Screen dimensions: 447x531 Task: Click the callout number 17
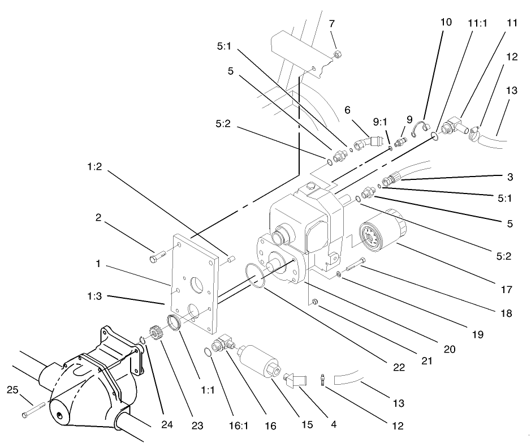tap(507, 290)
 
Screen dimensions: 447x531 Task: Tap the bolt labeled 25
tap(33, 411)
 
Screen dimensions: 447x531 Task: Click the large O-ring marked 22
tap(256, 276)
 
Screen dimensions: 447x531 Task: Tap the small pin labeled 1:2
tap(230, 259)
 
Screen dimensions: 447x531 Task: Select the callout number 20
tap(449, 349)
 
